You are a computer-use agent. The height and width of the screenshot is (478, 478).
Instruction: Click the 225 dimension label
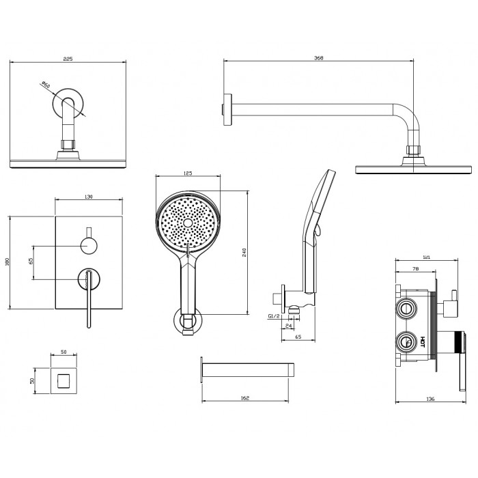67,59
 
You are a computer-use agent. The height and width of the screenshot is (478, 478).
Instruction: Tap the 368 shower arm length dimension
319,58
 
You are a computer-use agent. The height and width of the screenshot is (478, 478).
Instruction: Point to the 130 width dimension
88,197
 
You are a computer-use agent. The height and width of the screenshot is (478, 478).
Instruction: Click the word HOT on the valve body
422,341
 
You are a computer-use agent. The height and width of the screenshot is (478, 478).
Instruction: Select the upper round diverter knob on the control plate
89,244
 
